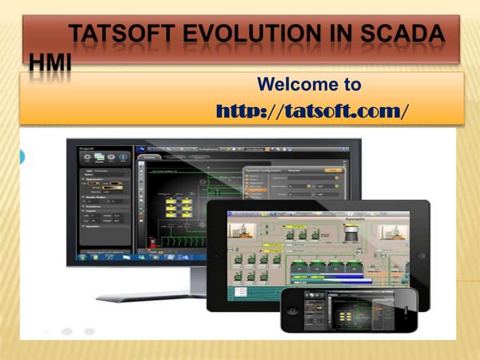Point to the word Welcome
click(291, 85)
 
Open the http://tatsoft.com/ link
click(312, 112)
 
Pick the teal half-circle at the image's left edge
click(22, 157)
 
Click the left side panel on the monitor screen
click(104, 202)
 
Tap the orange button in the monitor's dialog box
click(334, 170)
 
